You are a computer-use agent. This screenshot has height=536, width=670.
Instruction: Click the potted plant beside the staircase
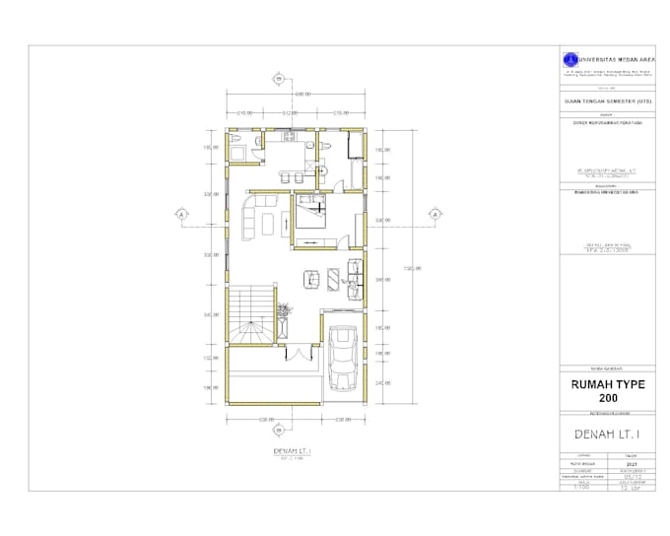click(x=285, y=311)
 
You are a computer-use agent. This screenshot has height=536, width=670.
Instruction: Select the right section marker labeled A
click(x=433, y=214)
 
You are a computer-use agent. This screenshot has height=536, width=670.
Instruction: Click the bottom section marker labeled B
click(x=281, y=429)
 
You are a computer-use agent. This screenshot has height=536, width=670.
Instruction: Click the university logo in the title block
click(x=568, y=59)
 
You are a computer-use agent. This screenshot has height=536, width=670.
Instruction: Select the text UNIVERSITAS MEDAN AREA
click(x=608, y=57)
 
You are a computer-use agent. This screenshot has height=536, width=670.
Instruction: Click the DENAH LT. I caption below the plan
click(x=292, y=450)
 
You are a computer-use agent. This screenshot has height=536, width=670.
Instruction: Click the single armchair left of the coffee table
click(x=310, y=279)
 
